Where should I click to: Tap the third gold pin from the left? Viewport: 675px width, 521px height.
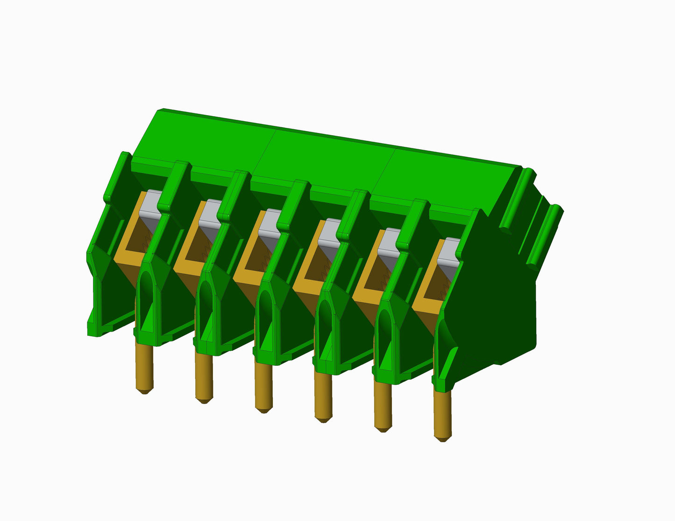(x=263, y=387)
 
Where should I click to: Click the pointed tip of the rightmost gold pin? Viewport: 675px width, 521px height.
(x=442, y=438)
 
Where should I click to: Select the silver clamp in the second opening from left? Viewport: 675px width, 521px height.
(x=210, y=214)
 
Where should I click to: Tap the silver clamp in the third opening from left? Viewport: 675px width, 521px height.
(x=270, y=224)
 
